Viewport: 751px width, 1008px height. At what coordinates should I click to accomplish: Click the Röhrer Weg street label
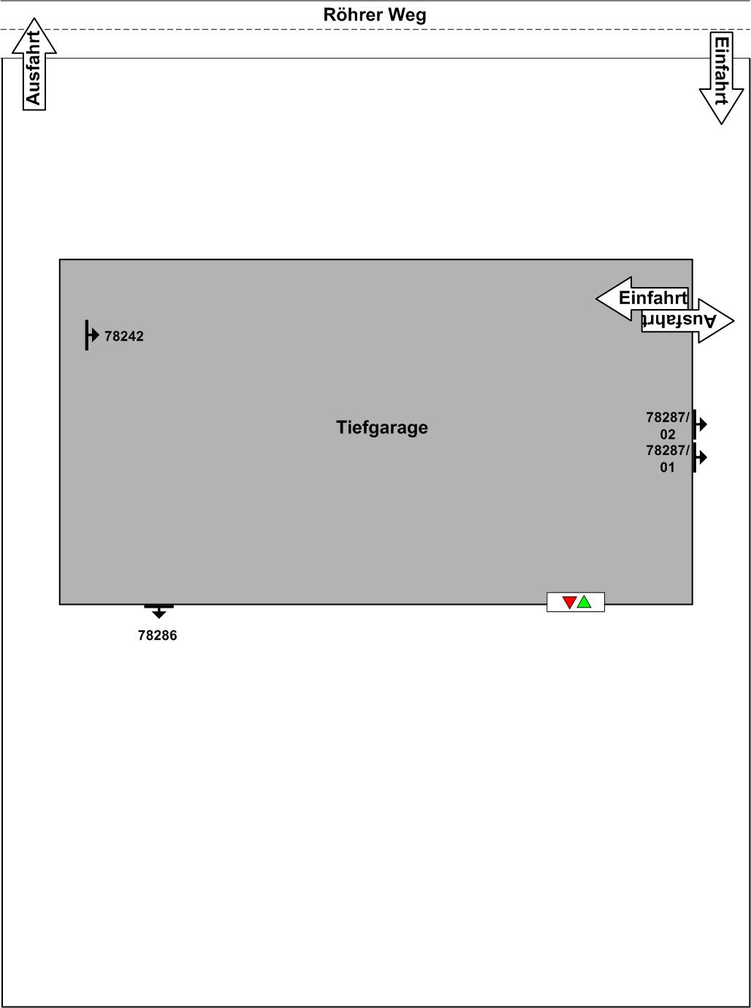pyautogui.click(x=375, y=15)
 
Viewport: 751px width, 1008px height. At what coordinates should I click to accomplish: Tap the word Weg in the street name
pyautogui.click(x=409, y=15)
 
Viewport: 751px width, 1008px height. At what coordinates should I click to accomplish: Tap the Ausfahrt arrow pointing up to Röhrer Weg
pyautogui.click(x=34, y=66)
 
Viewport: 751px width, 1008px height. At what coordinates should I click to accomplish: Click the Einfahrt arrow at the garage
pyautogui.click(x=643, y=298)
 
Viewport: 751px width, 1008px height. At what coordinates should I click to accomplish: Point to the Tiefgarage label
pyautogui.click(x=382, y=427)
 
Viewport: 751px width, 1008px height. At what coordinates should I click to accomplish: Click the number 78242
pyautogui.click(x=124, y=336)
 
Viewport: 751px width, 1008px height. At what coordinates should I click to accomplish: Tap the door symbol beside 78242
pyautogui.click(x=91, y=335)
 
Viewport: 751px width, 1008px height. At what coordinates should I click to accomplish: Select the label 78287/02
pyautogui.click(x=668, y=425)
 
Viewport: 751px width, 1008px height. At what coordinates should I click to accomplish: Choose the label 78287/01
pyautogui.click(x=668, y=459)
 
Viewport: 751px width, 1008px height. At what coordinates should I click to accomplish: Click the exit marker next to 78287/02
pyautogui.click(x=699, y=424)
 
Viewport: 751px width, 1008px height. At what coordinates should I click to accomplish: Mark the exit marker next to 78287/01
pyautogui.click(x=699, y=457)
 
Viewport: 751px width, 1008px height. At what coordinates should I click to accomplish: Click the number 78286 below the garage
pyautogui.click(x=158, y=635)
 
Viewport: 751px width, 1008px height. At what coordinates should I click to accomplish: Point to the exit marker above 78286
pyautogui.click(x=159, y=610)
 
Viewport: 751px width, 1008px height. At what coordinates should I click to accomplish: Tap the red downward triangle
pyautogui.click(x=569, y=603)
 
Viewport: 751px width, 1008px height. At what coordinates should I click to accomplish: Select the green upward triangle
pyautogui.click(x=584, y=602)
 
